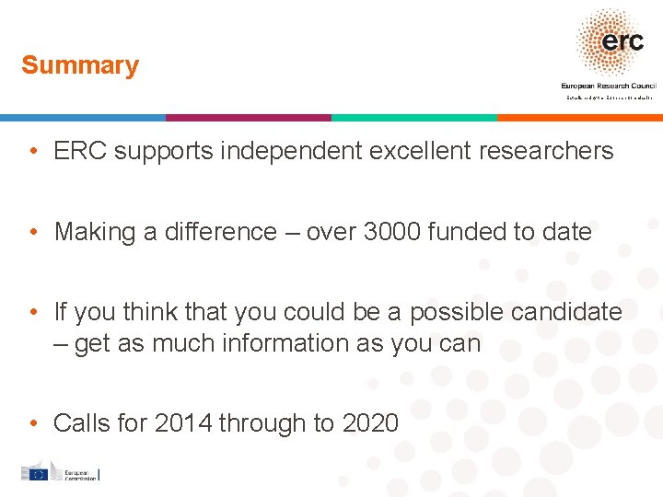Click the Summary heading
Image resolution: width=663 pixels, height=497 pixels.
point(80,65)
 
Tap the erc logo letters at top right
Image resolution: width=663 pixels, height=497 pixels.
point(622,41)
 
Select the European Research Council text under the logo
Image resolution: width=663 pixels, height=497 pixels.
point(608,86)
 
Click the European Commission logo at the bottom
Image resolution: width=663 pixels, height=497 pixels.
point(60,473)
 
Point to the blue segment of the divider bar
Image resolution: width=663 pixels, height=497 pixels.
point(83,118)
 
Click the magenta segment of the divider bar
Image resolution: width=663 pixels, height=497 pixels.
point(249,118)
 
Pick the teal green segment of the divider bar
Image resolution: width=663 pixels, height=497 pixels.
point(414,118)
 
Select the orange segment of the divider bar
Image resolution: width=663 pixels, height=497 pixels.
point(580,118)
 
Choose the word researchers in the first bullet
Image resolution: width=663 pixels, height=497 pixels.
point(551,151)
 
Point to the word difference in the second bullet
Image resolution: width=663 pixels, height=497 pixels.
point(221,232)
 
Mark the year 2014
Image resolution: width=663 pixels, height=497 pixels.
point(183,423)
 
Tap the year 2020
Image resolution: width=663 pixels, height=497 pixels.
point(370,423)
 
